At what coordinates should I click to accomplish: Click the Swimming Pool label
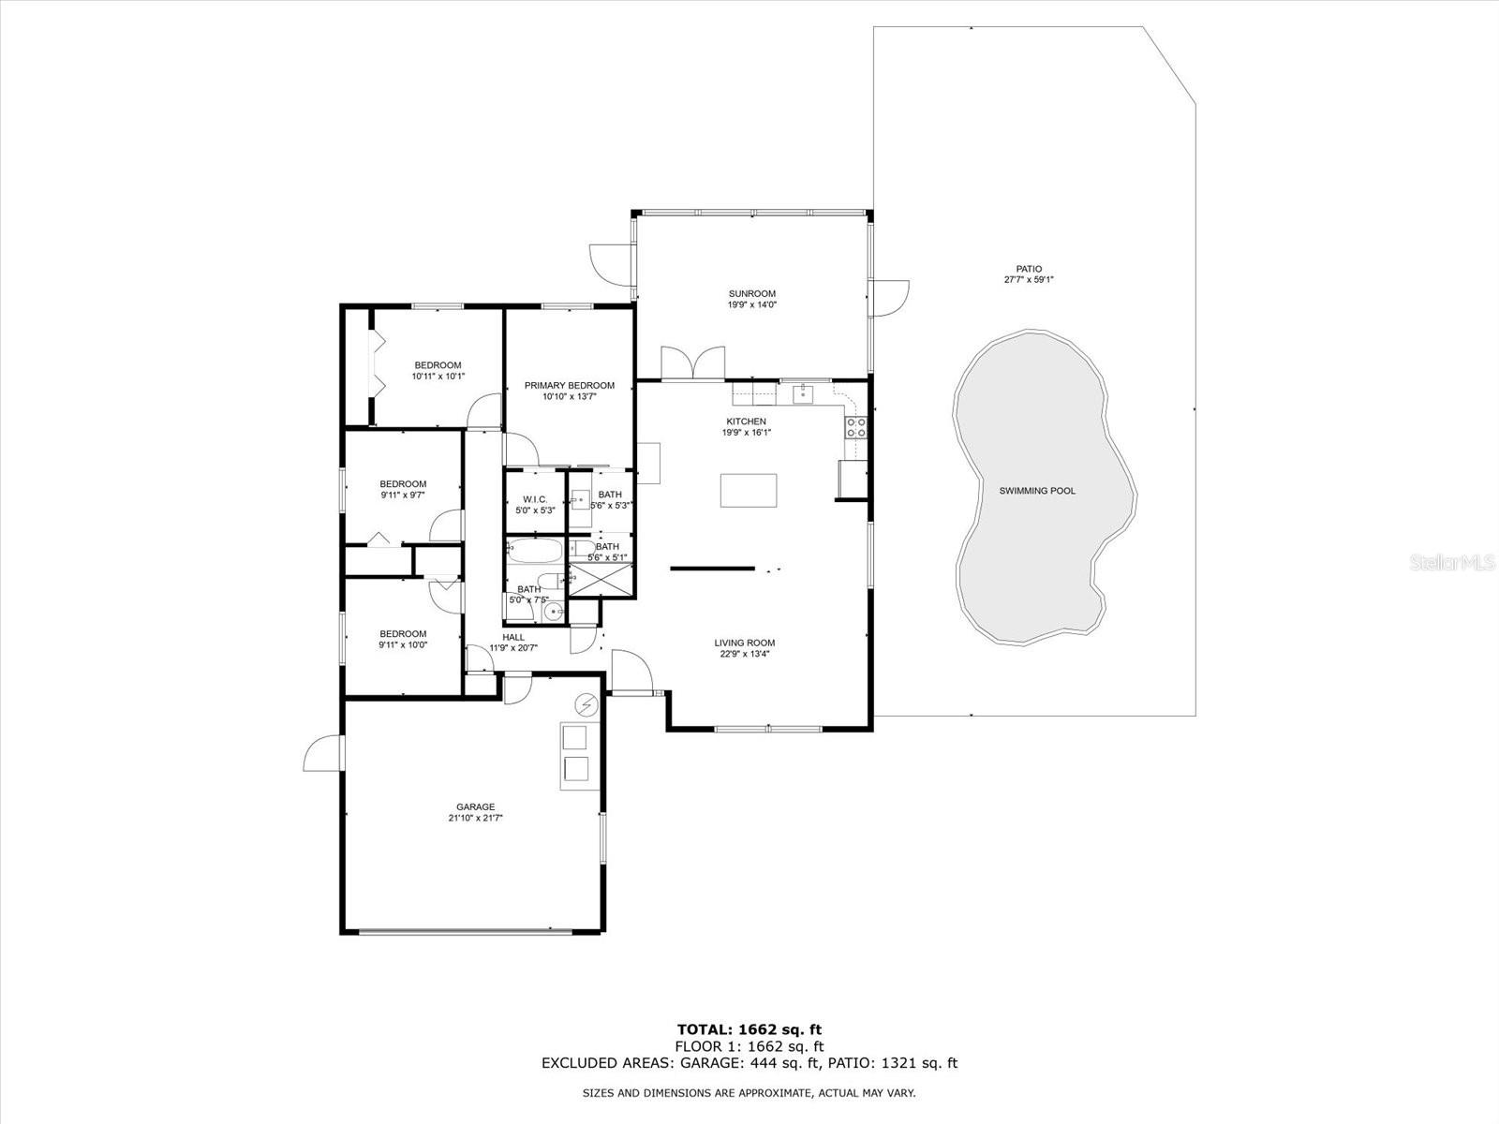[1037, 491]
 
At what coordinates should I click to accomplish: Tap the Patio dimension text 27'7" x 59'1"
[1029, 279]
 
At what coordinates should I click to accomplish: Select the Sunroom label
[752, 293]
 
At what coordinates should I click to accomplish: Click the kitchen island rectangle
[749, 491]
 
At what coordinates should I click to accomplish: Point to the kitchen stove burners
[856, 428]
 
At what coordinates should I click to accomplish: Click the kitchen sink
[803, 393]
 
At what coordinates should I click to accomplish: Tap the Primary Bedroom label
[570, 386]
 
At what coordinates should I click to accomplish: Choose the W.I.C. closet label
[535, 499]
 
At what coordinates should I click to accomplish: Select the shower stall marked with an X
[600, 580]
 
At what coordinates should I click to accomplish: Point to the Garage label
[475, 806]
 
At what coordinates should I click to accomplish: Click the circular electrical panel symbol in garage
[586, 704]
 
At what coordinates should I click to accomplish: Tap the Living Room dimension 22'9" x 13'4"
[745, 654]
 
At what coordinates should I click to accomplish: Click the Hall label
[513, 638]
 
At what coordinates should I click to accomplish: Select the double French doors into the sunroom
[692, 363]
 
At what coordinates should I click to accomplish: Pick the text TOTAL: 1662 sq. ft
[749, 1029]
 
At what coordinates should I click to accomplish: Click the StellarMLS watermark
[1452, 562]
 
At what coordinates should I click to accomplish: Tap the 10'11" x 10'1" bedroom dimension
[438, 376]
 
